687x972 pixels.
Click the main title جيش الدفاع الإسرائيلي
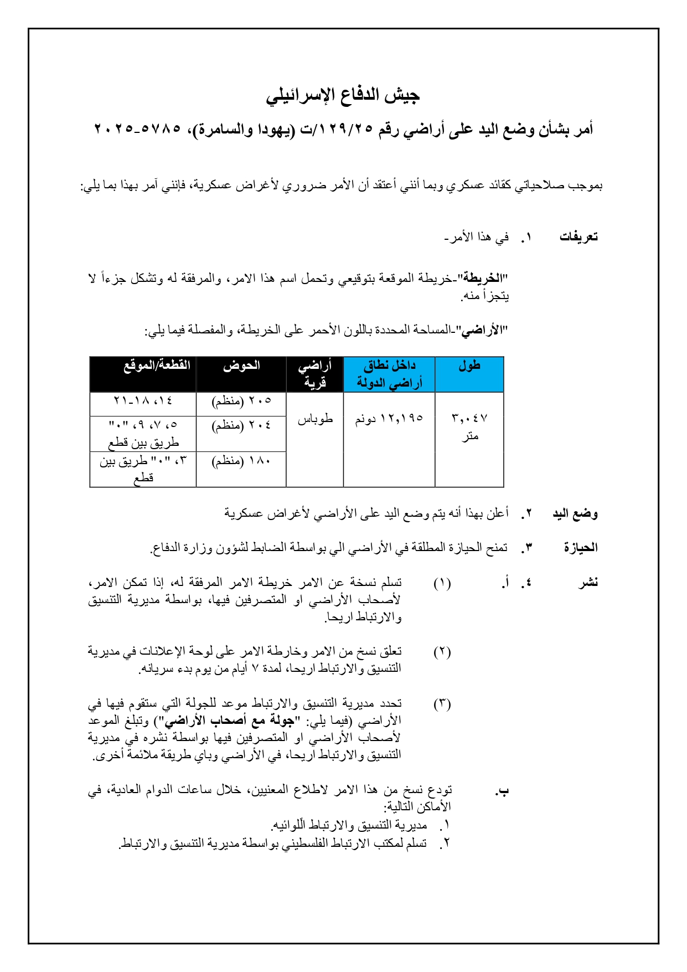click(x=343, y=95)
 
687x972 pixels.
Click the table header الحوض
click(x=241, y=366)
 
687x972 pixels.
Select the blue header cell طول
click(x=469, y=366)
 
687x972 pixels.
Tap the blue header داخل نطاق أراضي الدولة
click(x=389, y=374)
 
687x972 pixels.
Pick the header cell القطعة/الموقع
click(x=157, y=366)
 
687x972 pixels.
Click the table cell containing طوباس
click(x=315, y=419)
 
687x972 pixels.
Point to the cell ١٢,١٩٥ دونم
click(x=389, y=419)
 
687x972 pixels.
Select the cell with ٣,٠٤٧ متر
click(x=469, y=427)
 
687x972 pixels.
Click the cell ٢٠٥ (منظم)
click(x=241, y=401)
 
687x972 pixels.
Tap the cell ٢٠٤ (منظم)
click(x=241, y=425)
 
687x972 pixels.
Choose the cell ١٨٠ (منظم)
click(x=241, y=461)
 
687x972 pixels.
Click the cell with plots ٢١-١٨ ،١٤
click(x=143, y=401)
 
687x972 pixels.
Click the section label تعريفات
click(x=578, y=237)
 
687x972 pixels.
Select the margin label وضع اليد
click(x=575, y=514)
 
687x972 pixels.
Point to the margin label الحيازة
click(x=581, y=548)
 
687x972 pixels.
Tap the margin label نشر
click(x=588, y=583)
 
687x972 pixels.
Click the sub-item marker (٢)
click(x=442, y=652)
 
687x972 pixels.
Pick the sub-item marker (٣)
click(x=442, y=704)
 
